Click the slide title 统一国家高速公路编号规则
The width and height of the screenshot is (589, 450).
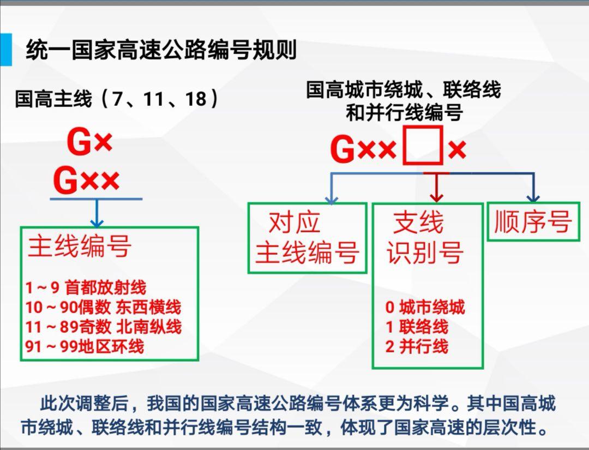tap(161, 50)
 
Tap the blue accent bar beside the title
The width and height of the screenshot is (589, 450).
tap(5, 50)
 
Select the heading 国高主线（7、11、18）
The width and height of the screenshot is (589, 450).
tap(117, 98)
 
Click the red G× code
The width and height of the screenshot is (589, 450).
tap(90, 142)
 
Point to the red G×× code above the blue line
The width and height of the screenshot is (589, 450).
tap(86, 181)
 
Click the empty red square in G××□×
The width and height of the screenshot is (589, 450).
tap(423, 146)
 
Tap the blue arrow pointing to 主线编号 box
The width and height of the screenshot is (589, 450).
tap(97, 213)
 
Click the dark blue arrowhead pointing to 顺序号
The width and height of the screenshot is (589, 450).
tap(533, 197)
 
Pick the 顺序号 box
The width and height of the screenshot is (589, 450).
tap(533, 221)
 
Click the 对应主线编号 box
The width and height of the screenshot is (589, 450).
tap(307, 238)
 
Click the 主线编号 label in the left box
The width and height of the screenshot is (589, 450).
tap(80, 246)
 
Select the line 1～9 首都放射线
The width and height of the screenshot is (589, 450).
tap(86, 288)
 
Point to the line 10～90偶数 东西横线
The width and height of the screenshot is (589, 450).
tap(103, 307)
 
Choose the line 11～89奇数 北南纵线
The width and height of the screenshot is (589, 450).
tap(103, 327)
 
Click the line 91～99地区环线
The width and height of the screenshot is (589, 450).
tap(85, 346)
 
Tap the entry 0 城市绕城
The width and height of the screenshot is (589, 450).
tap(425, 307)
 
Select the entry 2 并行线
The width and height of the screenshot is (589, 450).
tap(417, 346)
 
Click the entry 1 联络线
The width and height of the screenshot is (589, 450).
tap(417, 327)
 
